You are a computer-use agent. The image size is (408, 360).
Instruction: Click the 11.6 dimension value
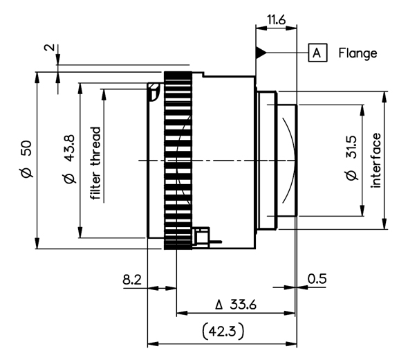(276, 19)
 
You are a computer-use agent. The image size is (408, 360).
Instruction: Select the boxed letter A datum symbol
(317, 53)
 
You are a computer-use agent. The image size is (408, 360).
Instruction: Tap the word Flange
(358, 53)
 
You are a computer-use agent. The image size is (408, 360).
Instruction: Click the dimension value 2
(50, 48)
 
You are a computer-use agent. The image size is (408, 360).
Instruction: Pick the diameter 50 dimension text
(27, 159)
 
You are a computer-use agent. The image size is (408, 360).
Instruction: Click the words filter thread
(95, 163)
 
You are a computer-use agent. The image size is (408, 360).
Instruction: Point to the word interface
(375, 161)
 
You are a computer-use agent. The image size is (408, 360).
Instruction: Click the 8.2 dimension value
(132, 280)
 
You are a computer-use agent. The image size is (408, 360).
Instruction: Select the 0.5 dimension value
(317, 279)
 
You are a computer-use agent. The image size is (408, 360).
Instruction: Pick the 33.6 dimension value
(243, 305)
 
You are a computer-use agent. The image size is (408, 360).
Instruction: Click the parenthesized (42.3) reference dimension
(223, 332)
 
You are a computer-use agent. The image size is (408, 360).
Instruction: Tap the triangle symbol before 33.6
(219, 305)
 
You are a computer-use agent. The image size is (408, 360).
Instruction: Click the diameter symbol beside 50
(27, 172)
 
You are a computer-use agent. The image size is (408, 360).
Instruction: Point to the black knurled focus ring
(178, 161)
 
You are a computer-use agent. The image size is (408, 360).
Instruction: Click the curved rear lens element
(289, 160)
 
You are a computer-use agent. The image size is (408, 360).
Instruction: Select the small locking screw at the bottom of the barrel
(203, 237)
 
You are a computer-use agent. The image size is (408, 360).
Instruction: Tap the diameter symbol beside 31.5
(351, 175)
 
